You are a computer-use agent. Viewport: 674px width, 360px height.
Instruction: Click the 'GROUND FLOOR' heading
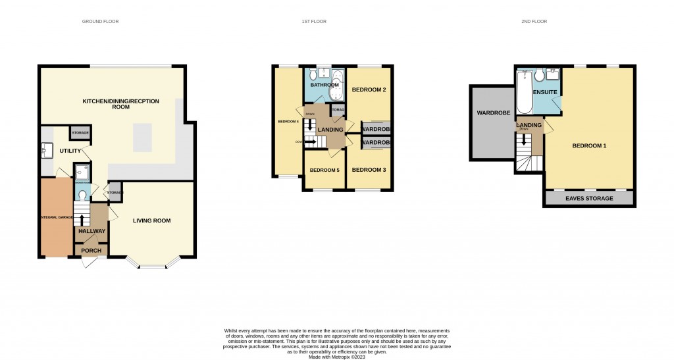[x=100, y=22]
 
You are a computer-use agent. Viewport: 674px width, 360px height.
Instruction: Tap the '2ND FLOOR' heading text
[x=534, y=22]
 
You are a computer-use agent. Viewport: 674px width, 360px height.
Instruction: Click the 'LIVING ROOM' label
[x=151, y=220]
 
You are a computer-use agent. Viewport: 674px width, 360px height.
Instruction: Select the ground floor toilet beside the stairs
[x=80, y=194]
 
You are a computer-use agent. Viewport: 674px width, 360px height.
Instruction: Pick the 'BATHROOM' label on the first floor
[x=324, y=85]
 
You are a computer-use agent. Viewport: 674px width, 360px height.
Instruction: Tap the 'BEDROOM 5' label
[x=324, y=170]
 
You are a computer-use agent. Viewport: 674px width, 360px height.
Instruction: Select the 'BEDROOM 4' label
[x=288, y=122]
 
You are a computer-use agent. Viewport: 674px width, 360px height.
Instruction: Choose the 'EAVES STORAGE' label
[x=589, y=198]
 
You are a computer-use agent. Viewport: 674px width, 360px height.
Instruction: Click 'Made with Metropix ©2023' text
[x=337, y=356]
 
